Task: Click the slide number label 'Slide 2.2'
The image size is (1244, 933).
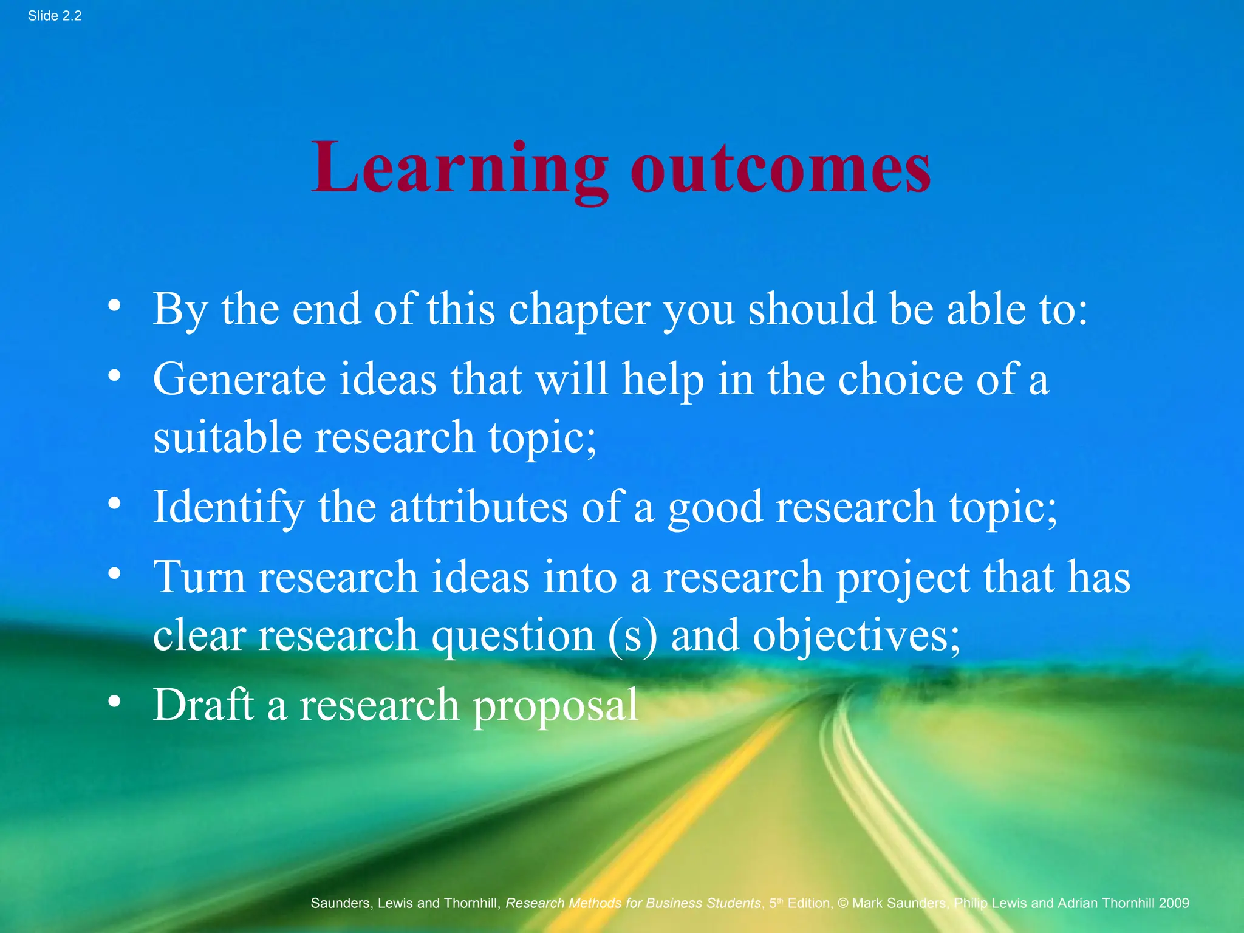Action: click(x=55, y=16)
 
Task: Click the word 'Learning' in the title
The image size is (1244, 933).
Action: click(x=459, y=168)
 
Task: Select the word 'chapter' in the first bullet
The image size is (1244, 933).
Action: click(x=578, y=310)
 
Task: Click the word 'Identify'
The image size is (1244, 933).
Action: click(x=228, y=507)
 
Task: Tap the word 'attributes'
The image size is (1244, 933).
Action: click(x=478, y=507)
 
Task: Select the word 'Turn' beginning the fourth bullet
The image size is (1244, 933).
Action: click(x=199, y=577)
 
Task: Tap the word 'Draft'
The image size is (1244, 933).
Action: click(x=203, y=705)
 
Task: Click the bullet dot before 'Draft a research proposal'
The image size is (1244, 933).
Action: click(x=115, y=703)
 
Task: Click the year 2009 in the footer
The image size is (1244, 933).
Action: click(x=1174, y=903)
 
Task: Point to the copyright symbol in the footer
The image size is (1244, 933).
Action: click(x=842, y=903)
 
